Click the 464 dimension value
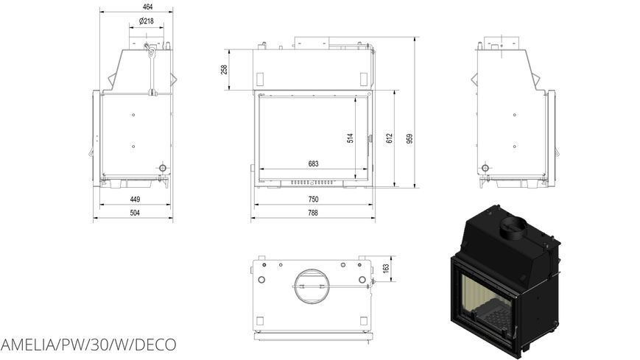pyautogui.click(x=148, y=7)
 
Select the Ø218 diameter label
pyautogui.click(x=146, y=21)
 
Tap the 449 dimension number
pyautogui.click(x=135, y=200)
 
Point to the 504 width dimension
pyautogui.click(x=135, y=213)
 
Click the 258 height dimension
pyautogui.click(x=224, y=69)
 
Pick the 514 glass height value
pyautogui.click(x=351, y=138)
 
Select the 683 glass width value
pyautogui.click(x=313, y=163)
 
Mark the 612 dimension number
pyautogui.click(x=390, y=138)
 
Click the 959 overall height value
pyautogui.click(x=409, y=138)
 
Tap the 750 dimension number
pyautogui.click(x=313, y=200)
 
